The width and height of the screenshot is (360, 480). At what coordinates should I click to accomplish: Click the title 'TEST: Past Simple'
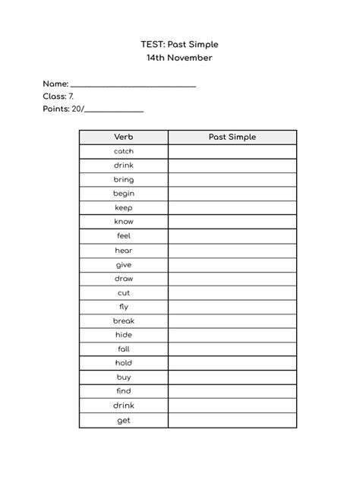179,45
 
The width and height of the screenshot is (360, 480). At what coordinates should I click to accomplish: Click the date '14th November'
179,58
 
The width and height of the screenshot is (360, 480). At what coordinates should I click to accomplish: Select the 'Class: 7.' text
58,96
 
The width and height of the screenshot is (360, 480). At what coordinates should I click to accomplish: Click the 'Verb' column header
124,137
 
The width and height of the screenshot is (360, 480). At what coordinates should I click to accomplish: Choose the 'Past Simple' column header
232,137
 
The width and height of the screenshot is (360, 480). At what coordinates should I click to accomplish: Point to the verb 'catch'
124,151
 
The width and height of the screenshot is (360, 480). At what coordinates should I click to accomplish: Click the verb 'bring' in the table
124,179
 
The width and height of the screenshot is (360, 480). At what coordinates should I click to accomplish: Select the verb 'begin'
124,194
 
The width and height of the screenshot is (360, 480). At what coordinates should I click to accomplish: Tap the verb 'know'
124,222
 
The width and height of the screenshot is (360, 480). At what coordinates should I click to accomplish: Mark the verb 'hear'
124,250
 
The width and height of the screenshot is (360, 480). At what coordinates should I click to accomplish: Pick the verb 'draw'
124,278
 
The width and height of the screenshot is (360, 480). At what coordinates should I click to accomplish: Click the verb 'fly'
124,306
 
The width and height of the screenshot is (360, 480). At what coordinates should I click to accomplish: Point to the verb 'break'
124,321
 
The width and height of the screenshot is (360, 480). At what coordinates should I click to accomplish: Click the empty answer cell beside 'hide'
232,335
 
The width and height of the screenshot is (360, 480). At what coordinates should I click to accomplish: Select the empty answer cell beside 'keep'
232,207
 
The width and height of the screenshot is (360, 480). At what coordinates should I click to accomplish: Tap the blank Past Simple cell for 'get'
232,420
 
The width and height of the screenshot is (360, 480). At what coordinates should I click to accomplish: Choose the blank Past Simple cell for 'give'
232,264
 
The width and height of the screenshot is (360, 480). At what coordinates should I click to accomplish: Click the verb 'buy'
124,377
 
